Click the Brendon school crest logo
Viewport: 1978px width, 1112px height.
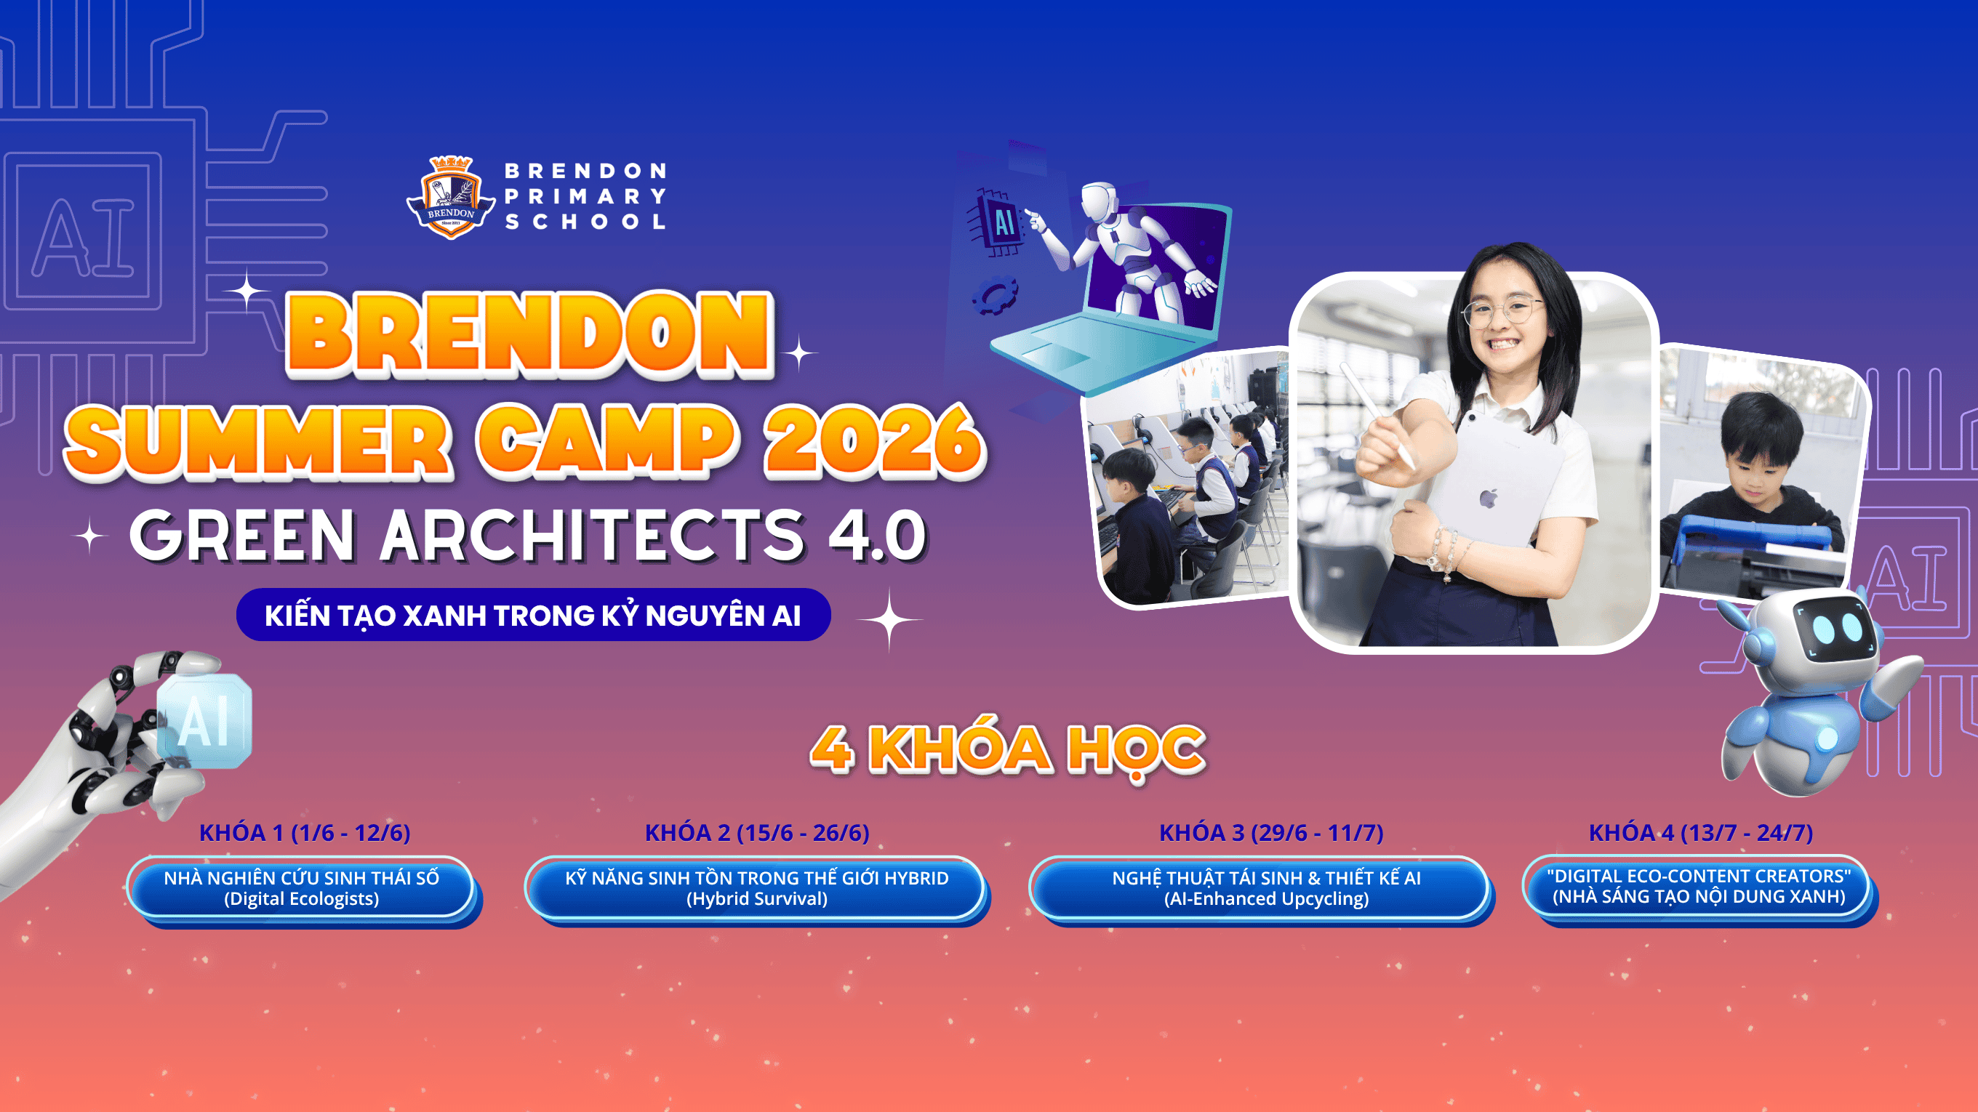[451, 197]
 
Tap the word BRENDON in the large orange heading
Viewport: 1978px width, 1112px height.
[530, 334]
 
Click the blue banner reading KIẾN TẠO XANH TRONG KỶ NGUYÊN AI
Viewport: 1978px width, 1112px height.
[533, 615]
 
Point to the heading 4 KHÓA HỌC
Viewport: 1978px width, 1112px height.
[1007, 749]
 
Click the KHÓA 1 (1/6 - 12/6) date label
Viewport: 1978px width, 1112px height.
[305, 833]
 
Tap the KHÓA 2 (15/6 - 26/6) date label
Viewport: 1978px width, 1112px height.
[757, 833]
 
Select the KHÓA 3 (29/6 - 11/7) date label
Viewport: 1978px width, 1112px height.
[1271, 833]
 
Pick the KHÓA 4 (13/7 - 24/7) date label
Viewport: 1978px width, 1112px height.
[1701, 833]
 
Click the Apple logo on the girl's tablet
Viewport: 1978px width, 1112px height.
[1489, 499]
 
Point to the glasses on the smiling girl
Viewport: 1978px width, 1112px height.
[1500, 311]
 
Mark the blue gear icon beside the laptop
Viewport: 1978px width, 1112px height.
[995, 296]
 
